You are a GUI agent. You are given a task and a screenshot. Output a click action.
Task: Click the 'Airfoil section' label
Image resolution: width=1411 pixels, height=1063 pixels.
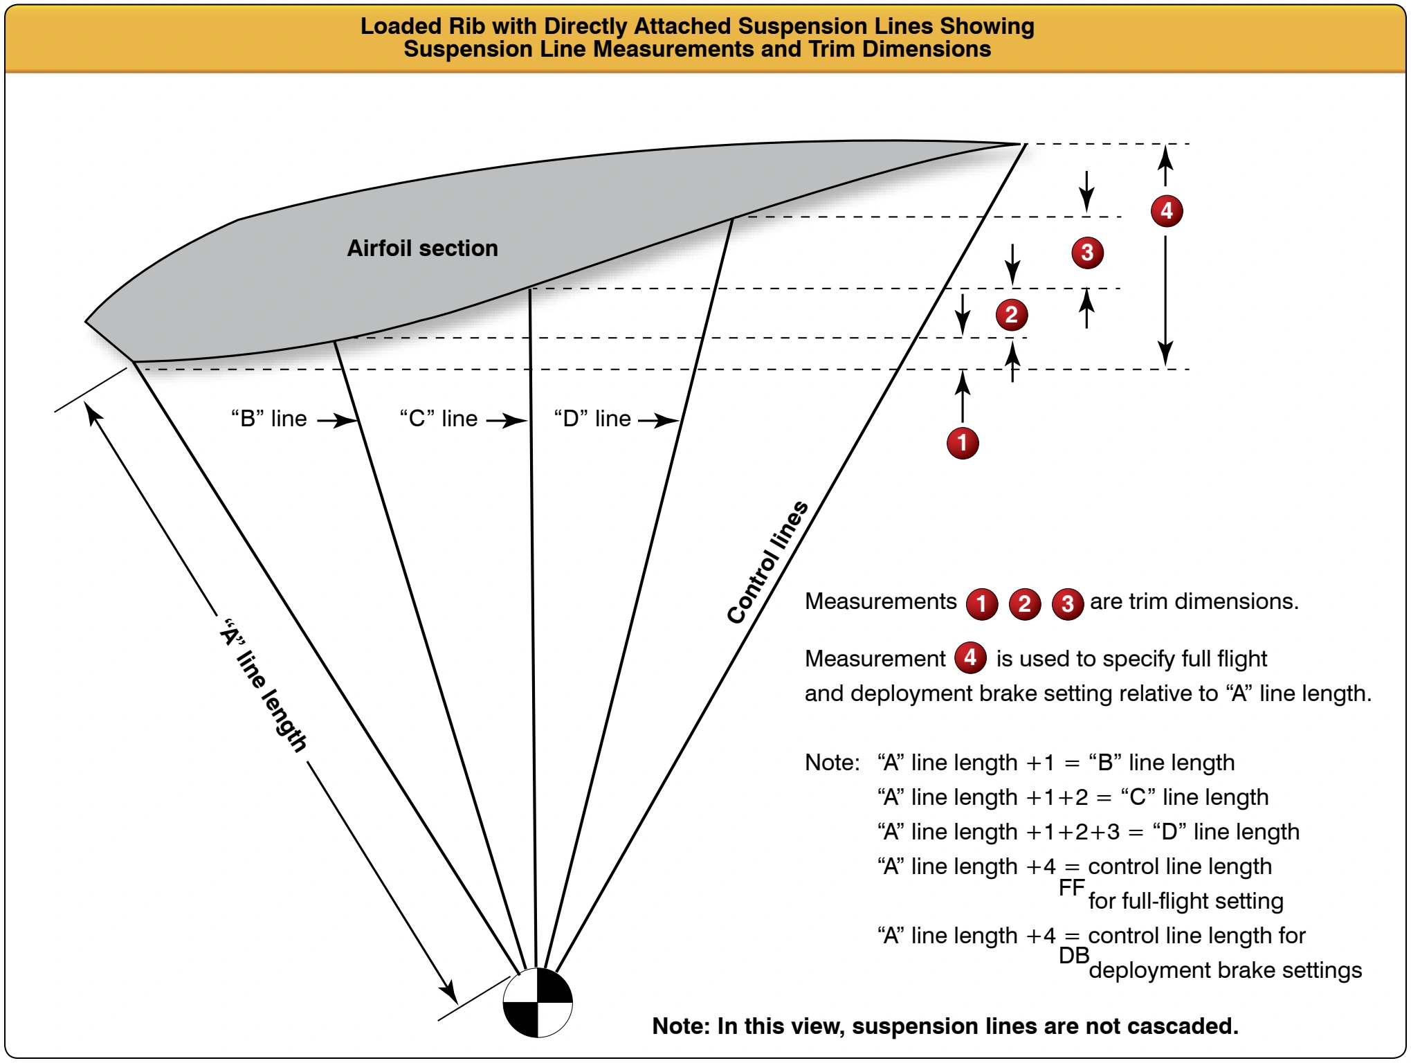pyautogui.click(x=422, y=248)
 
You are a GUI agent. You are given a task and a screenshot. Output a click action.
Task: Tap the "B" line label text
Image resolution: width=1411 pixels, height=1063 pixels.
pyautogui.click(x=268, y=418)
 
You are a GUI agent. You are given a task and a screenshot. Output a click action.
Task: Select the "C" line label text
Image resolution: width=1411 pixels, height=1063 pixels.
pyautogui.click(x=439, y=418)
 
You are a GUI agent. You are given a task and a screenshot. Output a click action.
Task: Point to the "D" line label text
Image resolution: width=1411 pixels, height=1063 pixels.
pyautogui.click(x=592, y=418)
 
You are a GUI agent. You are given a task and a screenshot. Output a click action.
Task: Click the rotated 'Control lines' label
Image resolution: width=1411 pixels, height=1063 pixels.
pyautogui.click(x=767, y=562)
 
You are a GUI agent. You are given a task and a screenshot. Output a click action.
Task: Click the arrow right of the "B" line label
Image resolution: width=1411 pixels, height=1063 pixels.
pyautogui.click(x=338, y=420)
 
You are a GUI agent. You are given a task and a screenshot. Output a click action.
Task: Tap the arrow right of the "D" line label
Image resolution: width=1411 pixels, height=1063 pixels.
pyautogui.click(x=659, y=420)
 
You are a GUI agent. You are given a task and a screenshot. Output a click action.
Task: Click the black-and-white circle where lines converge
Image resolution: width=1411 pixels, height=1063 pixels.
pyautogui.click(x=538, y=1002)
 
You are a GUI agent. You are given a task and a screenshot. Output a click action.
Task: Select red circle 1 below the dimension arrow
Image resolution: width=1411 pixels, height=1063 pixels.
pyautogui.click(x=963, y=443)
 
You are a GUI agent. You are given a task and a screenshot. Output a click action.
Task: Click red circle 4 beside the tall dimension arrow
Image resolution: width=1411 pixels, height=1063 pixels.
pyautogui.click(x=1167, y=210)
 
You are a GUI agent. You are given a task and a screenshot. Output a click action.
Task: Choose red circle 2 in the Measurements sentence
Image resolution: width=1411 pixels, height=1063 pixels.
pyautogui.click(x=1024, y=603)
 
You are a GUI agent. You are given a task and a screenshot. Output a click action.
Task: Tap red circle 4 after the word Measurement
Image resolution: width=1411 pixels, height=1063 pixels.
pyautogui.click(x=970, y=657)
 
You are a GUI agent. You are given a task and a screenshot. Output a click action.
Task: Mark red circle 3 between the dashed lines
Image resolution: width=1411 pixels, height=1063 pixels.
pyautogui.click(x=1087, y=253)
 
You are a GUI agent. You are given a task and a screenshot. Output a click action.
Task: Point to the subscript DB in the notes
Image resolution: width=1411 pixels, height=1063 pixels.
pyautogui.click(x=1073, y=956)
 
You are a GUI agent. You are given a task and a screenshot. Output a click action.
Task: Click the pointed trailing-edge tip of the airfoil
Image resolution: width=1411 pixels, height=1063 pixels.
pyautogui.click(x=1023, y=143)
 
